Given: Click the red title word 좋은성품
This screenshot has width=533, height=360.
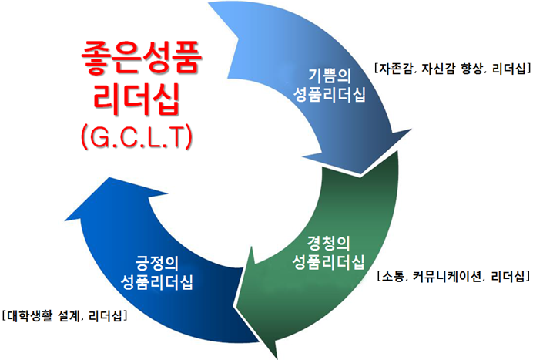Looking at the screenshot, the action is (142, 58).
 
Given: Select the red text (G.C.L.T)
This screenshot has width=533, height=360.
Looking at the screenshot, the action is (136, 136).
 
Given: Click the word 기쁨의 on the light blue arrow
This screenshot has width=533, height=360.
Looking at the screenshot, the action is (330, 76).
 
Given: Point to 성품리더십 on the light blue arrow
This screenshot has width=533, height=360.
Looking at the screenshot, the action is (329, 94).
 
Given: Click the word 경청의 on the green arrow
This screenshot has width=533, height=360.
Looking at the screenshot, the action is (329, 244).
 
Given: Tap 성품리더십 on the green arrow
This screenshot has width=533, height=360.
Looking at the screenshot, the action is (328, 262).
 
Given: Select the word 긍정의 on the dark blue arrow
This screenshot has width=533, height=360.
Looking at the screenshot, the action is (157, 263).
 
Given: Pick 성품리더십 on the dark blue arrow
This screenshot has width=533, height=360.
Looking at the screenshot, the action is (156, 281).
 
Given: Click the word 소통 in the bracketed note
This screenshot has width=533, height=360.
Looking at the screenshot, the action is (393, 276).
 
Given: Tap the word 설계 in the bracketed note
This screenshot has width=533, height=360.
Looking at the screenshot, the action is (69, 316).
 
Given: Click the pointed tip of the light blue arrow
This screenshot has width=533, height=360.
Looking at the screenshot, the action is (360, 174).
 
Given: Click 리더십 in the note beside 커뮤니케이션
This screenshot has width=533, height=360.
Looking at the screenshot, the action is (508, 276).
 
